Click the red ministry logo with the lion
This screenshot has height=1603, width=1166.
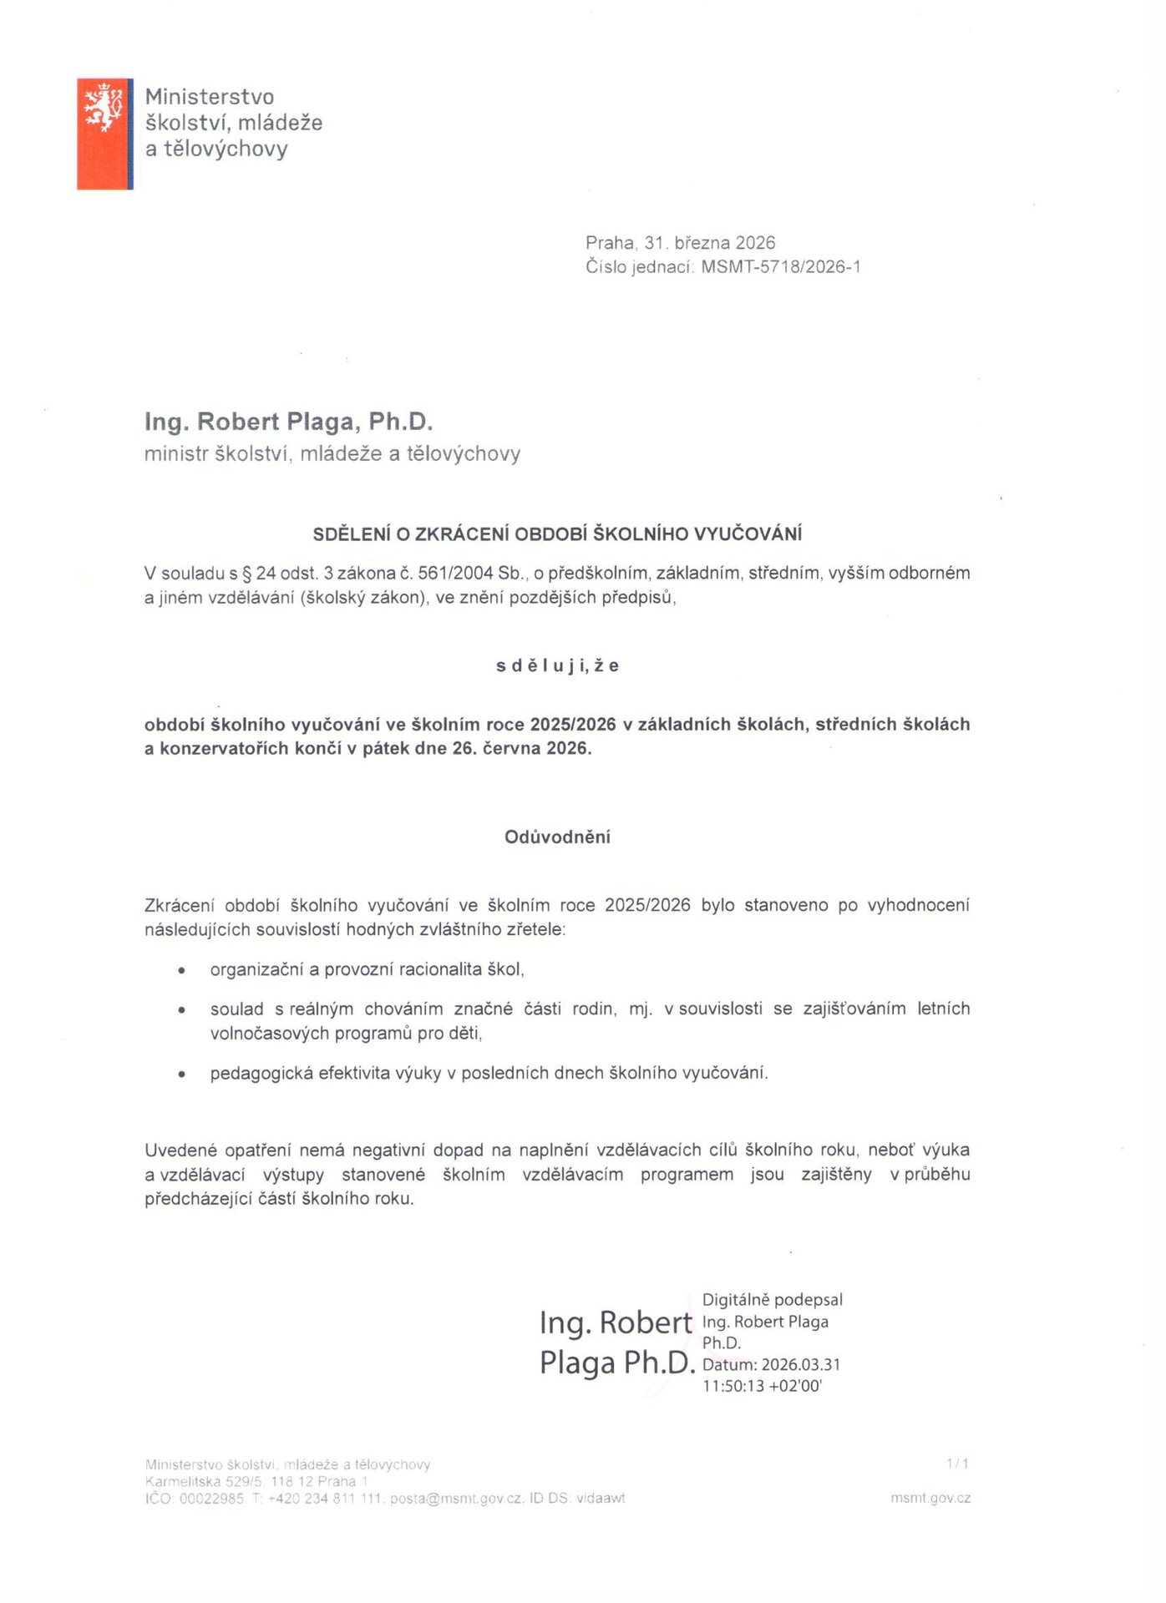click(x=104, y=134)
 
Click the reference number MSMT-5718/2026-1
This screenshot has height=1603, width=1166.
click(x=780, y=267)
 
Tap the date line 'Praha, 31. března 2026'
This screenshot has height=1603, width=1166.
click(x=680, y=243)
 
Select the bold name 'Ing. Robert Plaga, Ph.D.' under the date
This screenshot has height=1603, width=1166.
click(x=288, y=422)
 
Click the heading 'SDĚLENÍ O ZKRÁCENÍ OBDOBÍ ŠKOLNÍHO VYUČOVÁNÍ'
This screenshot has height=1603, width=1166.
click(x=557, y=534)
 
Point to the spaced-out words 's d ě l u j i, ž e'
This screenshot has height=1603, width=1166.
click(x=557, y=666)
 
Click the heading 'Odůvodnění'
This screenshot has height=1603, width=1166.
click(x=557, y=837)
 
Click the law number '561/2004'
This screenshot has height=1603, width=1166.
click(x=459, y=574)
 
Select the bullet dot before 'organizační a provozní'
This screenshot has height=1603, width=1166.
click(x=181, y=970)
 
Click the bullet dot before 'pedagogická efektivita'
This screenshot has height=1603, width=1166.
click(x=181, y=1075)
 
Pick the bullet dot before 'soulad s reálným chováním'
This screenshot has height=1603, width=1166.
click(x=181, y=1010)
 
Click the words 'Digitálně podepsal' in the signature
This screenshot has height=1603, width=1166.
click(x=772, y=1300)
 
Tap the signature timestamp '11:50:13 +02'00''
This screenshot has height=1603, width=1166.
click(x=762, y=1387)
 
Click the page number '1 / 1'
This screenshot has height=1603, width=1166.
click(x=957, y=1464)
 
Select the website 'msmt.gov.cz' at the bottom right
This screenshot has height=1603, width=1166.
click(x=930, y=1498)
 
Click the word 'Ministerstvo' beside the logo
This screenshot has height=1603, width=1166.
click(x=210, y=98)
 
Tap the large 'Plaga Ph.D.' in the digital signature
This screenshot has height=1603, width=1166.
click(x=617, y=1363)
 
